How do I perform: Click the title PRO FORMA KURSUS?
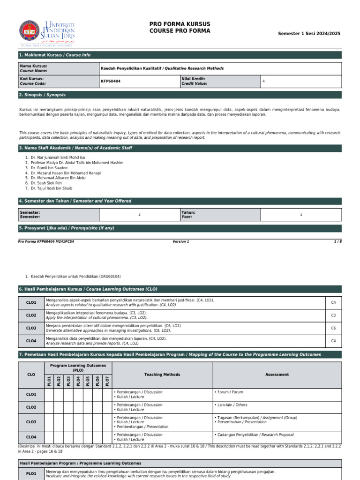[x=180, y=24]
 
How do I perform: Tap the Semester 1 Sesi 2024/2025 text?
[x=309, y=34]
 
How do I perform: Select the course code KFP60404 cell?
[x=139, y=81]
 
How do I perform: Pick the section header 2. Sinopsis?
[x=42, y=95]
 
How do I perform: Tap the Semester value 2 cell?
[x=139, y=215]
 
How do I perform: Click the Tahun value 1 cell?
[x=301, y=215]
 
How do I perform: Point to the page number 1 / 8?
[x=337, y=241]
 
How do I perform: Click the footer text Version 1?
[x=181, y=241]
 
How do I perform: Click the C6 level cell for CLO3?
[x=333, y=329]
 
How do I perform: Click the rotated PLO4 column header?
[x=78, y=381]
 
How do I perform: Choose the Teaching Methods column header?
[x=162, y=375]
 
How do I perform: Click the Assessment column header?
[x=277, y=375]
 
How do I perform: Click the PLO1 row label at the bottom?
[x=31, y=474]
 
